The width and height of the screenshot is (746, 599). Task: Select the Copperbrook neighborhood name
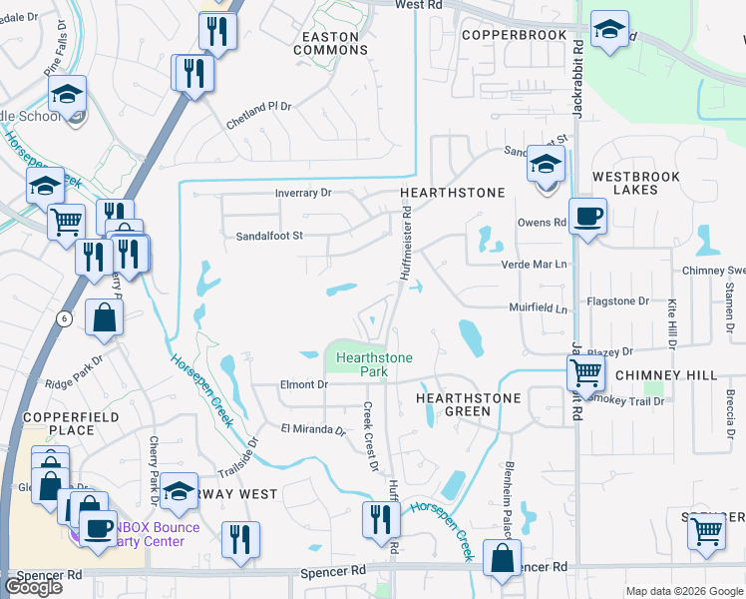pos(514,34)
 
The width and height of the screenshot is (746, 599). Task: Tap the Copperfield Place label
pos(72,424)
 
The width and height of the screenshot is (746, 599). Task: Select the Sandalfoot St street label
pos(268,236)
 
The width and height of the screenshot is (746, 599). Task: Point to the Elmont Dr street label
pos(304,384)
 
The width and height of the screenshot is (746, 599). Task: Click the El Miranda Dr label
pos(312,430)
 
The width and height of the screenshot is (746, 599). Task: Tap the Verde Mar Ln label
pos(534,264)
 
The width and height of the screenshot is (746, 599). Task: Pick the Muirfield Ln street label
pos(538,309)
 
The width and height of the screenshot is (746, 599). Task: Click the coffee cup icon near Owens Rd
pos(587,215)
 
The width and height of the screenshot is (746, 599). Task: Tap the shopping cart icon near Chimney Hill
pos(585,374)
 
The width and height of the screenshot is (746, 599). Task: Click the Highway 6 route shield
pos(64,317)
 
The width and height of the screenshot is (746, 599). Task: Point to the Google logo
pos(33,587)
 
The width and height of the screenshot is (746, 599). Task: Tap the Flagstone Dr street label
pos(619,300)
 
